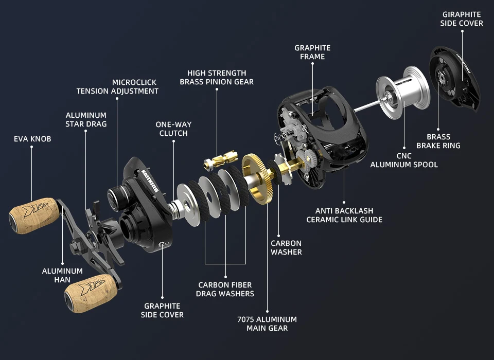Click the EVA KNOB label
tap(32, 139)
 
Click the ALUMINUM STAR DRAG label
tap(86, 120)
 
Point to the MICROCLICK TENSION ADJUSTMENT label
tap(117, 86)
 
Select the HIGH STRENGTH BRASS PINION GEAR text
tap(217, 77)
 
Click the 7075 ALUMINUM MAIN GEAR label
tap(267, 323)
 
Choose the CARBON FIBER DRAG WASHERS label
tap(226, 289)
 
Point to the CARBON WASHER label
tap(286, 247)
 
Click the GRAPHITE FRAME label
tap(312, 52)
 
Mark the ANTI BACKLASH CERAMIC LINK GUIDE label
tap(344, 215)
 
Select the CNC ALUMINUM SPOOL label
tap(404, 160)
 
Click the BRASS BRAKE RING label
tap(438, 141)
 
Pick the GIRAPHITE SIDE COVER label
tap(462, 19)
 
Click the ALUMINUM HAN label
tap(62, 275)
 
